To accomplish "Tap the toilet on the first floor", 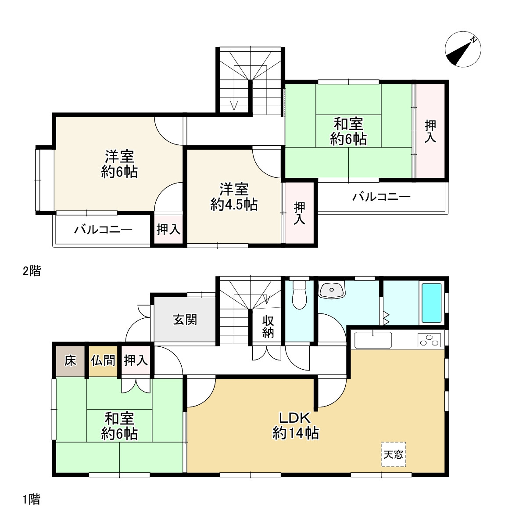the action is click(x=299, y=295).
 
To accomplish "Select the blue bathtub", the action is click(x=432, y=303).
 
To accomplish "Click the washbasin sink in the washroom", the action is click(x=332, y=290).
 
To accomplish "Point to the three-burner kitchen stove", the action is click(x=429, y=340).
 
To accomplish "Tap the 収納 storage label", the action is click(x=268, y=327).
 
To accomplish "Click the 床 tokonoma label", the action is click(x=70, y=361).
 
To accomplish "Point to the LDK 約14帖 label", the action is click(x=296, y=425).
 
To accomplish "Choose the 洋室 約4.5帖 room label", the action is click(x=234, y=197).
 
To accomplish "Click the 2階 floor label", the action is click(x=32, y=271).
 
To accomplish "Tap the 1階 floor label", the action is click(x=32, y=500).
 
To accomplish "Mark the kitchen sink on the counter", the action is click(x=373, y=340).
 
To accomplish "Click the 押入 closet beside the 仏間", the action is click(x=136, y=361).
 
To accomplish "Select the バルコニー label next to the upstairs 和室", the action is click(x=381, y=197).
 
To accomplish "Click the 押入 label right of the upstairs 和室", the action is click(x=430, y=132).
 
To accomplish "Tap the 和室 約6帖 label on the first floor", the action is click(x=119, y=426).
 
